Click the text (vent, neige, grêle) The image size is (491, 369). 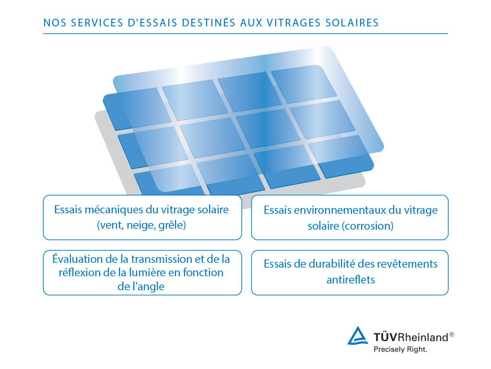click(141, 225)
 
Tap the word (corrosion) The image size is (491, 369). click(368, 226)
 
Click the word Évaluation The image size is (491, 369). click(78, 259)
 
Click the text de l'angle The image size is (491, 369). click(141, 286)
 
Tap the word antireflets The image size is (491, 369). click(351, 279)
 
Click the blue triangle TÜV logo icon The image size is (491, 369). click(358, 336)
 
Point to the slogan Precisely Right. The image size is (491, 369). click(400, 350)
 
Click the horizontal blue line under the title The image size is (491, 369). click(245, 34)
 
